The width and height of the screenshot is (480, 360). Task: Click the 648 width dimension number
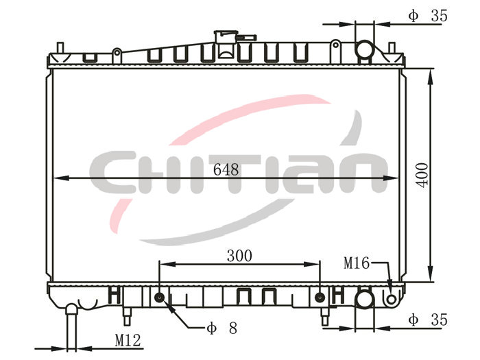226,169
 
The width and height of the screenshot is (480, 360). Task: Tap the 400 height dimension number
422,176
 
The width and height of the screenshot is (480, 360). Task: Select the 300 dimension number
239,256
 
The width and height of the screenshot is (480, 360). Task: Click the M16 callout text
357,263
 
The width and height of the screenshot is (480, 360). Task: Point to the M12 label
128,340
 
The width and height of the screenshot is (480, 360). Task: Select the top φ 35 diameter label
428,16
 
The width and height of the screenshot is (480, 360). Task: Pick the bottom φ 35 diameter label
428,320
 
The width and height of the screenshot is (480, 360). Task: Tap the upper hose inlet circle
364,49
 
